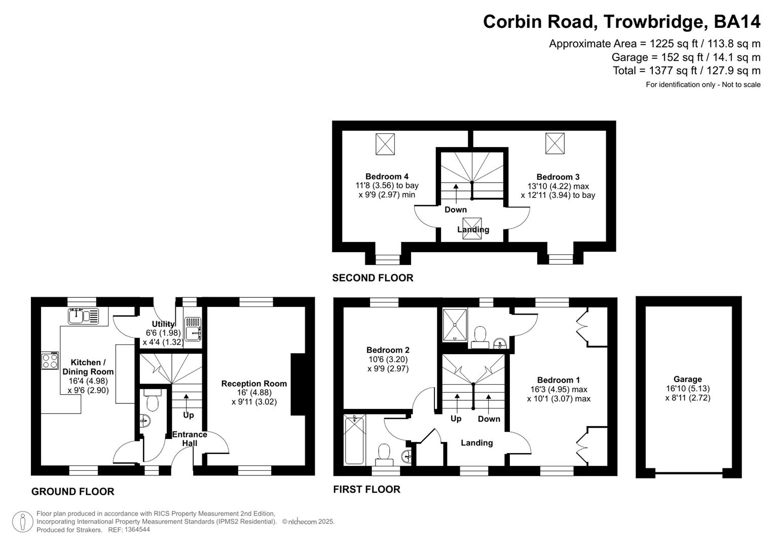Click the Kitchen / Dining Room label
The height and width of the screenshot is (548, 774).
pyautogui.click(x=88, y=367)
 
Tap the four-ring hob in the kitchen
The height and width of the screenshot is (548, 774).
pyautogui.click(x=50, y=361)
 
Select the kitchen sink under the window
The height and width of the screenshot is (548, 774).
pyautogui.click(x=84, y=316)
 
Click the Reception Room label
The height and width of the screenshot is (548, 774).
pyautogui.click(x=254, y=384)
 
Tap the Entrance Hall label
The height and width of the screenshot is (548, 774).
pyautogui.click(x=190, y=439)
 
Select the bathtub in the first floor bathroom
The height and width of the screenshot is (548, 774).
pyautogui.click(x=354, y=439)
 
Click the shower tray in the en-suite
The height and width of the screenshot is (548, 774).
pyautogui.click(x=454, y=324)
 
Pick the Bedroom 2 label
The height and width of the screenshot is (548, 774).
pyautogui.click(x=388, y=350)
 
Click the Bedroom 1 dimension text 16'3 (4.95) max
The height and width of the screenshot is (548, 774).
pyautogui.click(x=558, y=390)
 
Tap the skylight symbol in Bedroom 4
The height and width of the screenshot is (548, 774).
pyautogui.click(x=385, y=144)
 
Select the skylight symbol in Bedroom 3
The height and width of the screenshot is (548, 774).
pyautogui.click(x=555, y=143)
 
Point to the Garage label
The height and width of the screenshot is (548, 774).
pyautogui.click(x=687, y=379)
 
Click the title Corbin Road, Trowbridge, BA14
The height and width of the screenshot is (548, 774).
pyautogui.click(x=621, y=22)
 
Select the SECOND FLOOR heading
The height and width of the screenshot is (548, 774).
pyautogui.click(x=373, y=278)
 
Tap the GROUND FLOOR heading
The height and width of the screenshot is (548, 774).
pyautogui.click(x=73, y=492)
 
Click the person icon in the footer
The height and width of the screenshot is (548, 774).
pyautogui.click(x=22, y=522)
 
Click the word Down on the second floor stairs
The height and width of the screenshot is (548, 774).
pyautogui.click(x=455, y=210)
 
